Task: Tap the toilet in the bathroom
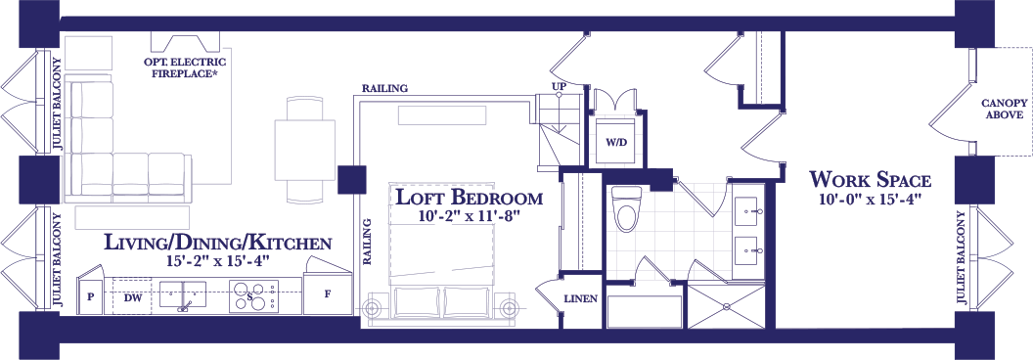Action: pos(624,209)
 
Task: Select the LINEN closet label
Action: pos(581,298)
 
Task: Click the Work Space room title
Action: pos(870,179)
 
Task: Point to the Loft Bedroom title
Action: pos(468,198)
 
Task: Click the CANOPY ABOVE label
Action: pos(1004,109)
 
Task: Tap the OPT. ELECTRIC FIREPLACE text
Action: pos(185,67)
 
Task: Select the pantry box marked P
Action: pos(91,295)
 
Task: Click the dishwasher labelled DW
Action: pos(132,296)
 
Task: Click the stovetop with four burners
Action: pos(253,295)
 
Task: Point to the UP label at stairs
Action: pos(560,87)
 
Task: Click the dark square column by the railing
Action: pos(352,179)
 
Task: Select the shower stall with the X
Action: pos(727,306)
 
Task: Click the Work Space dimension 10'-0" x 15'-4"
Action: pos(870,200)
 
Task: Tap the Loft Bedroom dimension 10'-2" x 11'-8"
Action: pos(470,216)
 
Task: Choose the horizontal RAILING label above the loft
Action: pos(384,88)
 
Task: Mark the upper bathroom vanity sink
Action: pos(749,211)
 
